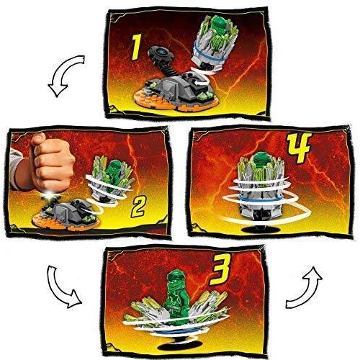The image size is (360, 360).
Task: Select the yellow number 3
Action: click(x=220, y=269)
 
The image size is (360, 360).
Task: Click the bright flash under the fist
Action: click(x=50, y=196)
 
